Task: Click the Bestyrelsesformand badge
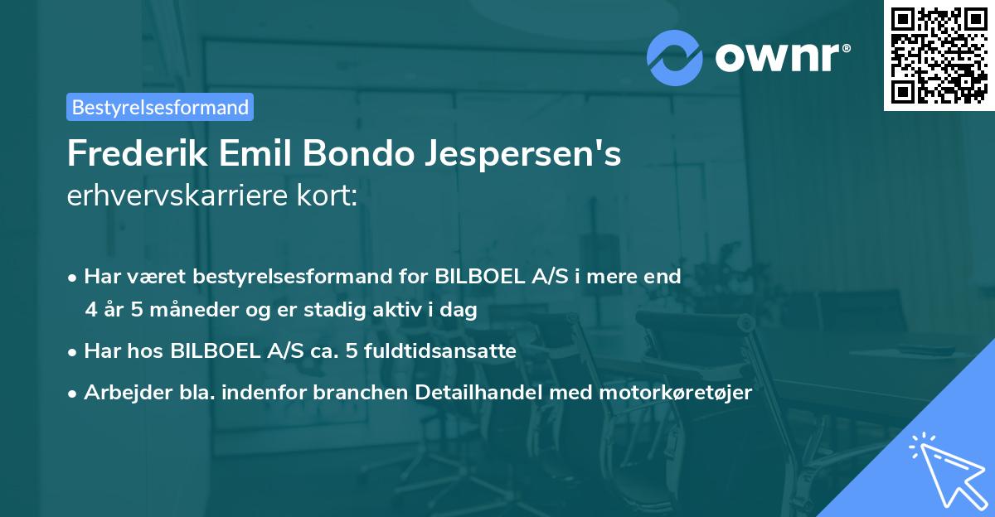(x=160, y=107)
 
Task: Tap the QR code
(x=939, y=55)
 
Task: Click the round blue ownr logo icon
(x=675, y=58)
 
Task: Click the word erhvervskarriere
(x=175, y=198)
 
